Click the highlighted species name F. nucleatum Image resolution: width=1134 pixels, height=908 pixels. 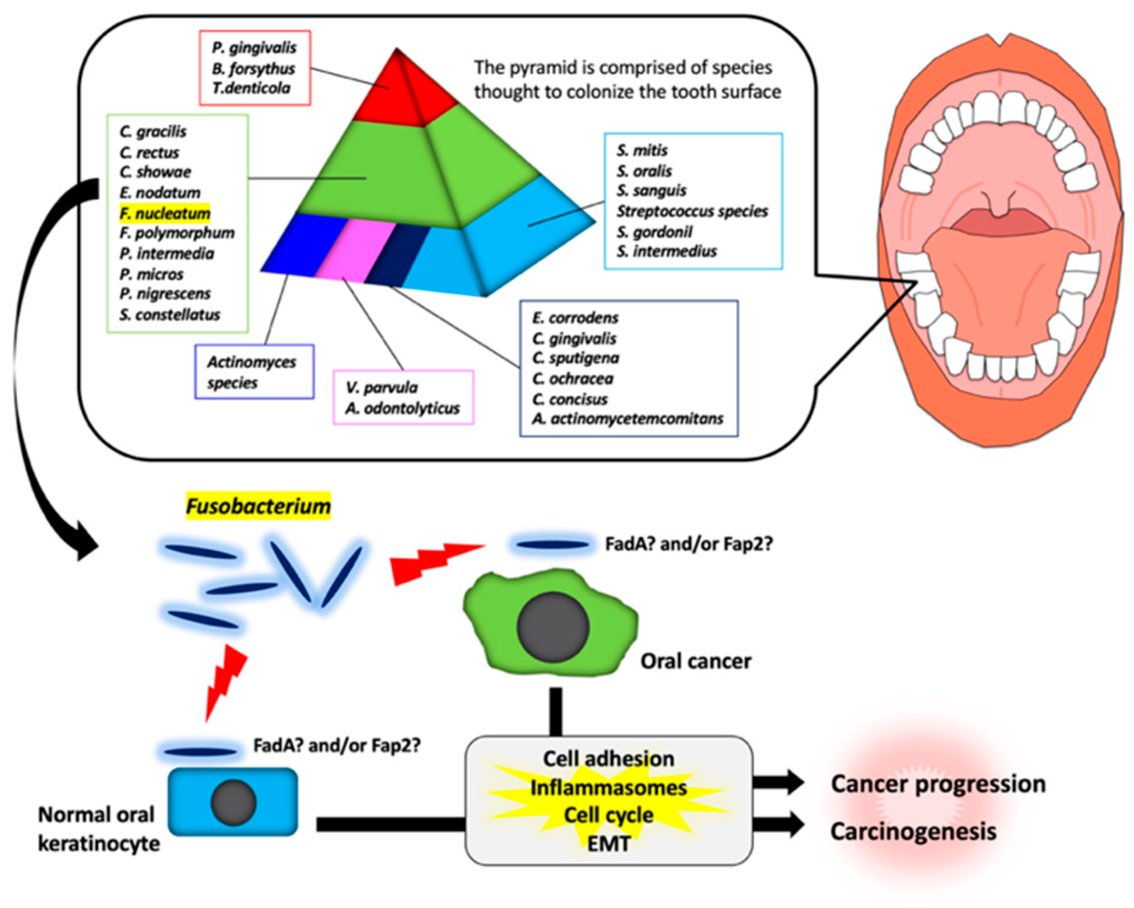(x=165, y=213)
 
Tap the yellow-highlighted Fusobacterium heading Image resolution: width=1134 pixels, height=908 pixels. (x=258, y=506)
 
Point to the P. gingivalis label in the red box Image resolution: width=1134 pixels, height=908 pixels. (x=254, y=48)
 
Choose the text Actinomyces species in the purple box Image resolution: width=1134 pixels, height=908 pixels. (x=251, y=372)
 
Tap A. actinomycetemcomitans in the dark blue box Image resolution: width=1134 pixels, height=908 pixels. (x=628, y=418)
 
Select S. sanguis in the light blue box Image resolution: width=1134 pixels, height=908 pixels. (x=651, y=190)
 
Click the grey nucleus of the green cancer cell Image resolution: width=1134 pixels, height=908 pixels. (x=553, y=627)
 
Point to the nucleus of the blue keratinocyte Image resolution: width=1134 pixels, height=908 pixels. (x=234, y=803)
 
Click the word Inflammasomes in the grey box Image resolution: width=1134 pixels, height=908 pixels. (x=608, y=788)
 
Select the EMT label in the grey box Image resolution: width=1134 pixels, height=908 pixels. (x=609, y=844)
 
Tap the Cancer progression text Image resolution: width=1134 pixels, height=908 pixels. (x=938, y=784)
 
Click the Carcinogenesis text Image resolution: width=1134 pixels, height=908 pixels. (x=913, y=831)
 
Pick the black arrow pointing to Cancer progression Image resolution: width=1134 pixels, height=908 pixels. (x=778, y=783)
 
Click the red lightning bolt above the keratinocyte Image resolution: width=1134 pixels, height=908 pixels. (x=225, y=683)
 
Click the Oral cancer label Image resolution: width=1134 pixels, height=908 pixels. (x=696, y=661)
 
